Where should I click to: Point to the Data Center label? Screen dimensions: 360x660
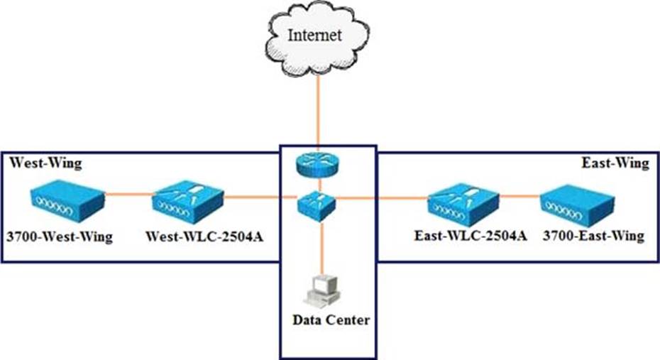coord(331,320)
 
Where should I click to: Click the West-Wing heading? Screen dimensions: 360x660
coord(45,163)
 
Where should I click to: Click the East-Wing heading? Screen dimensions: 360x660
coord(615,163)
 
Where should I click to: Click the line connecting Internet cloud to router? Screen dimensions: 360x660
coord(319,114)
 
